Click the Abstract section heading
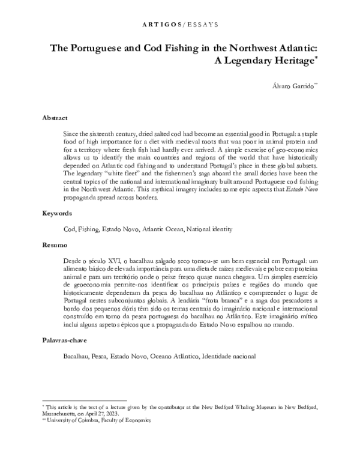click(x=55, y=118)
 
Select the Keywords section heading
click(x=58, y=213)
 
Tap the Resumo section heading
click(x=55, y=246)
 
